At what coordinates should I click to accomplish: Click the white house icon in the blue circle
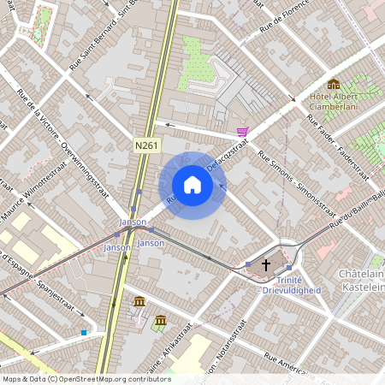(x=192, y=185)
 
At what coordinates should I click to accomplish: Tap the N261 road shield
(x=147, y=146)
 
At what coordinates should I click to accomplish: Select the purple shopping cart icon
(x=243, y=132)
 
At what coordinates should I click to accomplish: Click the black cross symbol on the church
(x=266, y=265)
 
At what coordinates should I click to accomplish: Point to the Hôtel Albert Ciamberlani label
(x=333, y=103)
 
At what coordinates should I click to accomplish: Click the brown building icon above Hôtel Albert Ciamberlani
(x=334, y=84)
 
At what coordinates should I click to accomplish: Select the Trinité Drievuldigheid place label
(x=291, y=284)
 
